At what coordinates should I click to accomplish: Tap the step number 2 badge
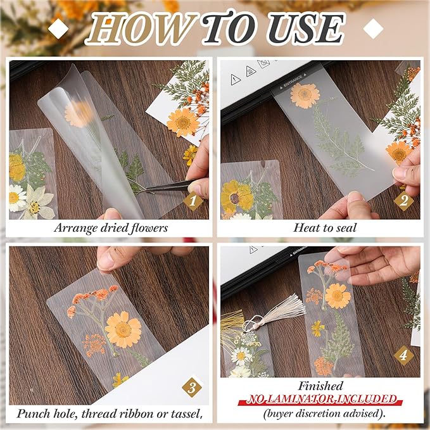coord(403,201)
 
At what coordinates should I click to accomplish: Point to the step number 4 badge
coord(403,355)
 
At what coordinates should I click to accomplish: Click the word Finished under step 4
coord(322,386)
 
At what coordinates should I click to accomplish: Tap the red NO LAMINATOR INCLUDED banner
coord(322,400)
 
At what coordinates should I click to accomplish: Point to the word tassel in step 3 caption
coord(186,414)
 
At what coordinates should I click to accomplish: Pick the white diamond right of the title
coord(374,27)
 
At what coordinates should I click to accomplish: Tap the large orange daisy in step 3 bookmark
coord(123,329)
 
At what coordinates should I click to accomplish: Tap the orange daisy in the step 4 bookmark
coord(338,296)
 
